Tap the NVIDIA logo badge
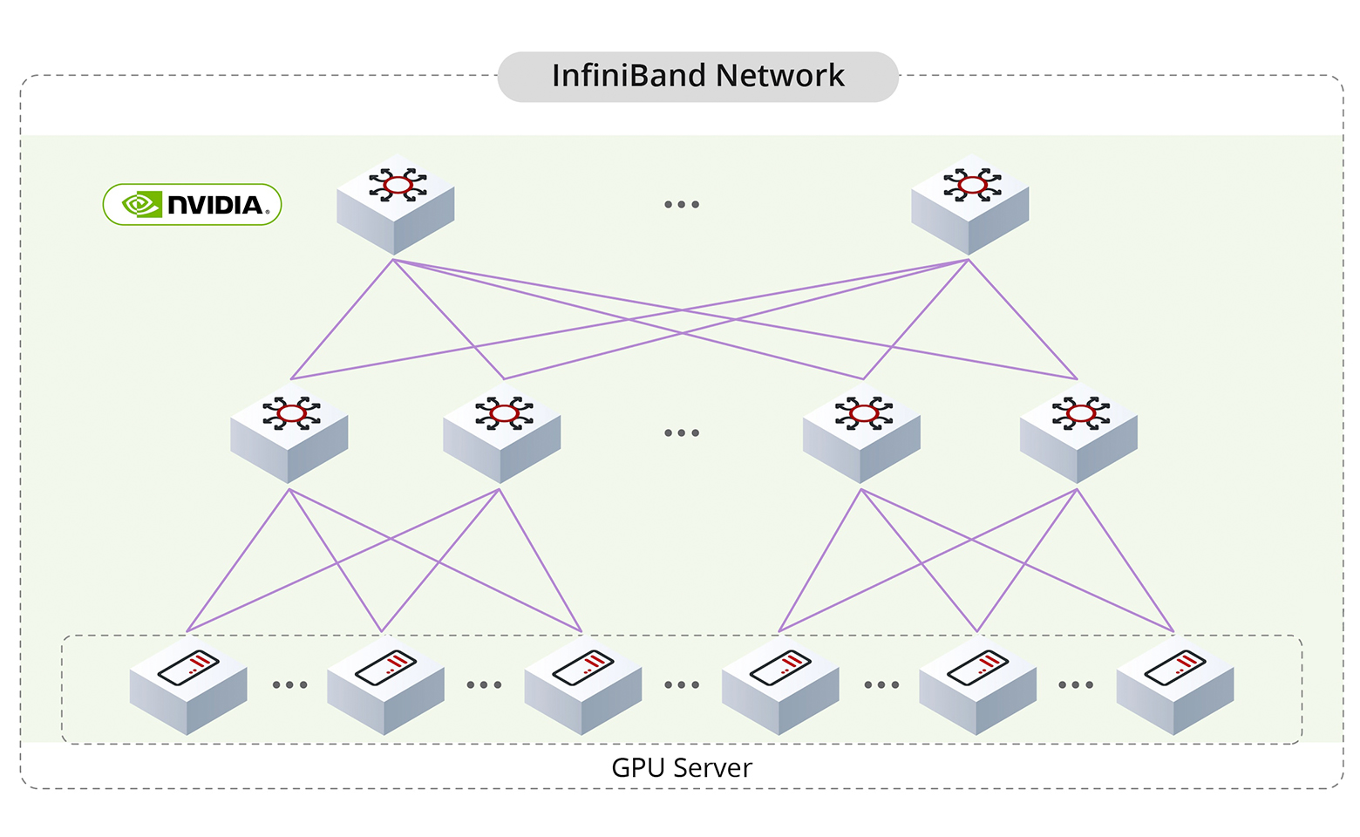click(193, 205)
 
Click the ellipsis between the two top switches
click(682, 205)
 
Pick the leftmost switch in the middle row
click(289, 433)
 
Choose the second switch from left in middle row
click(502, 433)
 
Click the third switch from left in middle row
click(861, 433)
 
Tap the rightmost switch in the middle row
click(1078, 433)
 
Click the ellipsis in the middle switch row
click(682, 433)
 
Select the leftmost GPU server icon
click(188, 687)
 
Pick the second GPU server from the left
click(385, 687)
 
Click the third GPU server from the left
click(583, 687)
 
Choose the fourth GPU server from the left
click(780, 687)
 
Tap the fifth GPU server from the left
click(977, 687)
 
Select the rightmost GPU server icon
click(1175, 687)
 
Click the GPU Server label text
click(682, 768)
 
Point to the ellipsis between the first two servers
click(289, 685)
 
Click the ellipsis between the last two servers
click(1076, 685)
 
